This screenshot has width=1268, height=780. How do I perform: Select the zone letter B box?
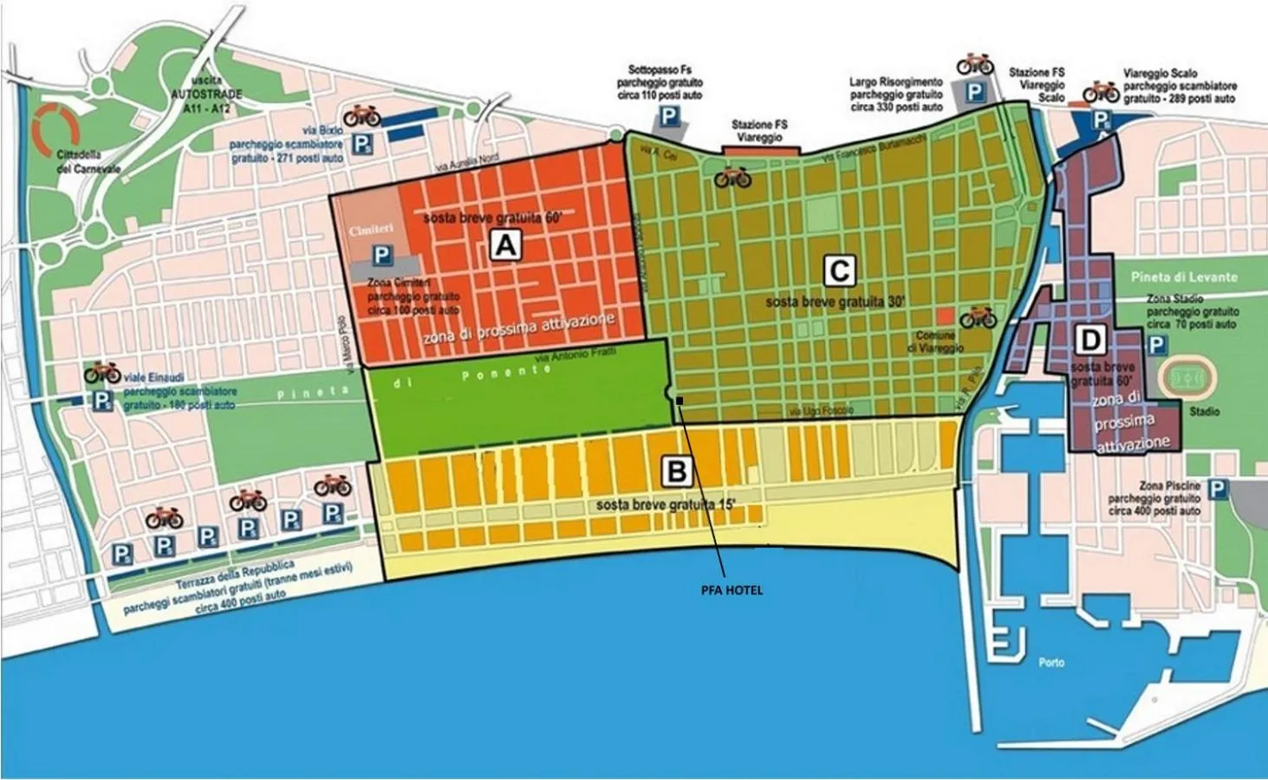click(x=677, y=471)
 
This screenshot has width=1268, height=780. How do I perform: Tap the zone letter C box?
click(x=838, y=271)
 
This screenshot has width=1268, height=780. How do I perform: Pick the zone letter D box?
click(x=1089, y=340)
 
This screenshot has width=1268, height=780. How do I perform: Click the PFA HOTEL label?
click(x=732, y=590)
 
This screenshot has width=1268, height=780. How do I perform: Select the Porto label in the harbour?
click(x=1051, y=663)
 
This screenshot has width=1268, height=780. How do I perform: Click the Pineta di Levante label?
click(x=1184, y=277)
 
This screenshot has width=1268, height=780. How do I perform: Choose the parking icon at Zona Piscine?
click(x=1218, y=490)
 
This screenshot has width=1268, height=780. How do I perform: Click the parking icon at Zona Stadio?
click(x=1156, y=345)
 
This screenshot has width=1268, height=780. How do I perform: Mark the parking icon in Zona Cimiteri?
click(x=382, y=256)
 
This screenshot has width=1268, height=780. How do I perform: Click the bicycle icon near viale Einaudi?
click(x=102, y=374)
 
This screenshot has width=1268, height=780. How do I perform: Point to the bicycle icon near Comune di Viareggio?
click(x=978, y=316)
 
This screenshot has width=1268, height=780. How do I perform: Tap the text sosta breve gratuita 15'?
click(x=666, y=504)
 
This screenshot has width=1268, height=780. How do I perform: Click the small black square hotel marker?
click(x=680, y=400)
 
